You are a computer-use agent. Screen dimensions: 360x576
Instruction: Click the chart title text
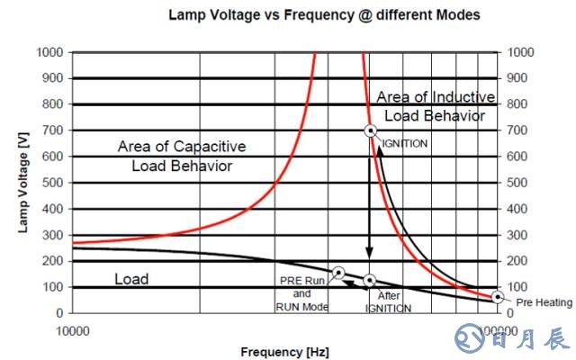point(324,14)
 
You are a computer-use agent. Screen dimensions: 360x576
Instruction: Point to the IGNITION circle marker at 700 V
point(369,130)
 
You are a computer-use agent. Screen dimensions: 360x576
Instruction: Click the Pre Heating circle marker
point(498,297)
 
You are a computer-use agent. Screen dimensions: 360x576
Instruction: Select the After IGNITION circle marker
point(369,281)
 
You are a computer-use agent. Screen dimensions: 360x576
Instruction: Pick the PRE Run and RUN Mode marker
point(338,272)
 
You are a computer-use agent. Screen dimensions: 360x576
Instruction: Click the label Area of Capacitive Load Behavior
point(182,156)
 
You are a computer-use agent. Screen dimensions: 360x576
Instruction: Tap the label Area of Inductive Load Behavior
point(435,105)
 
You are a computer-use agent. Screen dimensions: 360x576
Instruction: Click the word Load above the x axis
point(131,279)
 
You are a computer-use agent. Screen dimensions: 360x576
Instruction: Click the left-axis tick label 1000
point(49,52)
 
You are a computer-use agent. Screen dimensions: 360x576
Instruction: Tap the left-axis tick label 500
point(52,183)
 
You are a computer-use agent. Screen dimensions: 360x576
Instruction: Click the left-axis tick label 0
point(58,313)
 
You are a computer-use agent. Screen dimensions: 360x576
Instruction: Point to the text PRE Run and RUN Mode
point(301,293)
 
